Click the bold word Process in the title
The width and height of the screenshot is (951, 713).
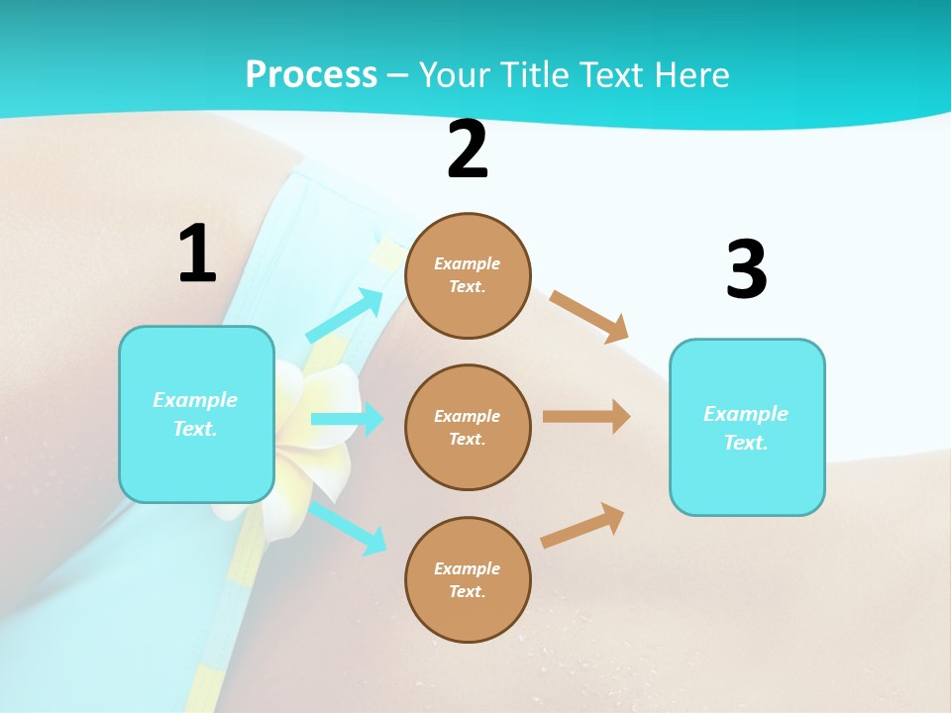coord(311,75)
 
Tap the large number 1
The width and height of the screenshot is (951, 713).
coord(197,255)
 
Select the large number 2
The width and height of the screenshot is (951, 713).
coord(468,150)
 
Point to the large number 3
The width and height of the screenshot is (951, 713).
coord(746,269)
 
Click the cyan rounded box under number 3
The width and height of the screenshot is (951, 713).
coord(747,475)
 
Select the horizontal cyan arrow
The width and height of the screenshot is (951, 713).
coord(347,419)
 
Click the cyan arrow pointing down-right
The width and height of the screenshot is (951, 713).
coord(348,527)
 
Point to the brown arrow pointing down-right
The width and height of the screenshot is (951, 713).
coord(589,316)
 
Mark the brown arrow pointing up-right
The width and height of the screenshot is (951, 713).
coord(582,525)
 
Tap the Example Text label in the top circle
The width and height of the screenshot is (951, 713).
coord(468,275)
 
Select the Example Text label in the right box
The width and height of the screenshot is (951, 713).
coord(746,428)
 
